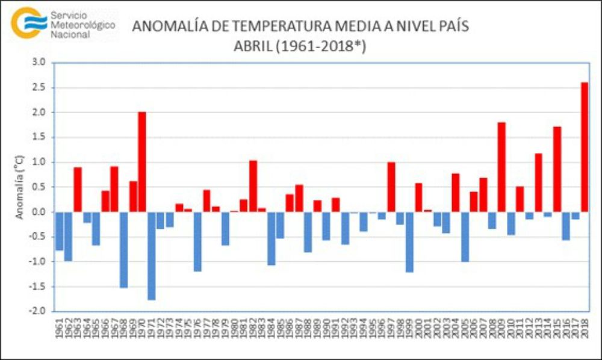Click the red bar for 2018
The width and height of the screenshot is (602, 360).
tap(585, 147)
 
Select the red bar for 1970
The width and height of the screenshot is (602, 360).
tap(142, 162)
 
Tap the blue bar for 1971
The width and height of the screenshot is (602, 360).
tap(151, 255)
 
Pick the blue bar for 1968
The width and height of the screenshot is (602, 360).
tap(123, 249)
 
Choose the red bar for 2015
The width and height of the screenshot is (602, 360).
tap(557, 169)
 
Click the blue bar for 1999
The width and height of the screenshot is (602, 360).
tap(409, 241)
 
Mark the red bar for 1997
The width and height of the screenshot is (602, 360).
tap(391, 187)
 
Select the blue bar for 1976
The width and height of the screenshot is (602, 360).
tap(197, 241)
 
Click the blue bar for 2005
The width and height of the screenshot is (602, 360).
tap(465, 237)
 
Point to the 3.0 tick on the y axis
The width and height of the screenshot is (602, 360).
tap(39, 62)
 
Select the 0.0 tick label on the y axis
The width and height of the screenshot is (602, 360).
tap(39, 212)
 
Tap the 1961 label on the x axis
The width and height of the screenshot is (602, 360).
tap(59, 329)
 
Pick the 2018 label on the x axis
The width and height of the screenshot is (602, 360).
tap(585, 329)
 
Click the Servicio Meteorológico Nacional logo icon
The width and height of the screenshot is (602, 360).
tap(29, 22)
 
